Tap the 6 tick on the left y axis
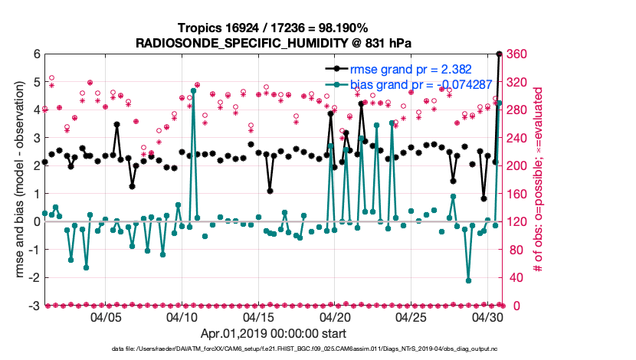35,54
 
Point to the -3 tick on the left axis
33,306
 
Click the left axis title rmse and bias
17,179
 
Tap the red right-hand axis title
540,179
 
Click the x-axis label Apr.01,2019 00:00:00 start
273,334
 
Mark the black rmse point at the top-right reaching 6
500,54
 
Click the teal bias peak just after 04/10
193,90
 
